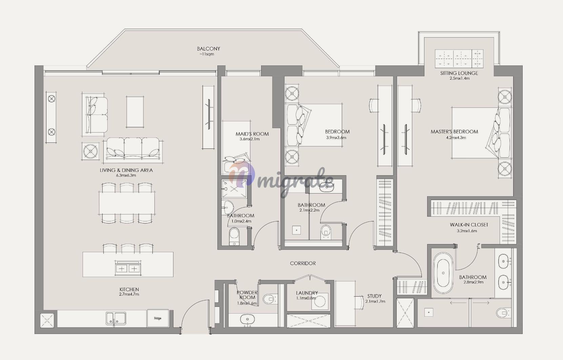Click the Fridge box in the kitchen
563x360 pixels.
158,318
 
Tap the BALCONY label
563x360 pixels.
208,48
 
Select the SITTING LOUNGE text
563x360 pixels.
459,73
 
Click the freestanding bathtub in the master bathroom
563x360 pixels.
443,273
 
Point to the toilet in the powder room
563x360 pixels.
269,299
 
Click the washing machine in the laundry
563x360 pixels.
320,301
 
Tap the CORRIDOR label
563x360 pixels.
303,263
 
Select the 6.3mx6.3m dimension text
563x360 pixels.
126,175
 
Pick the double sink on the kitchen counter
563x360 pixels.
116,319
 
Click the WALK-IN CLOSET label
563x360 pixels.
469,225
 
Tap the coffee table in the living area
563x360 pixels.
135,112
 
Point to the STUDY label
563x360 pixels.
374,296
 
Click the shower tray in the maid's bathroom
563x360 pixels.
234,188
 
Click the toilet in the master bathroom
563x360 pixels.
503,313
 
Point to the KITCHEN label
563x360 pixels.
129,289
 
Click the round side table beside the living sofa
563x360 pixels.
90,151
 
